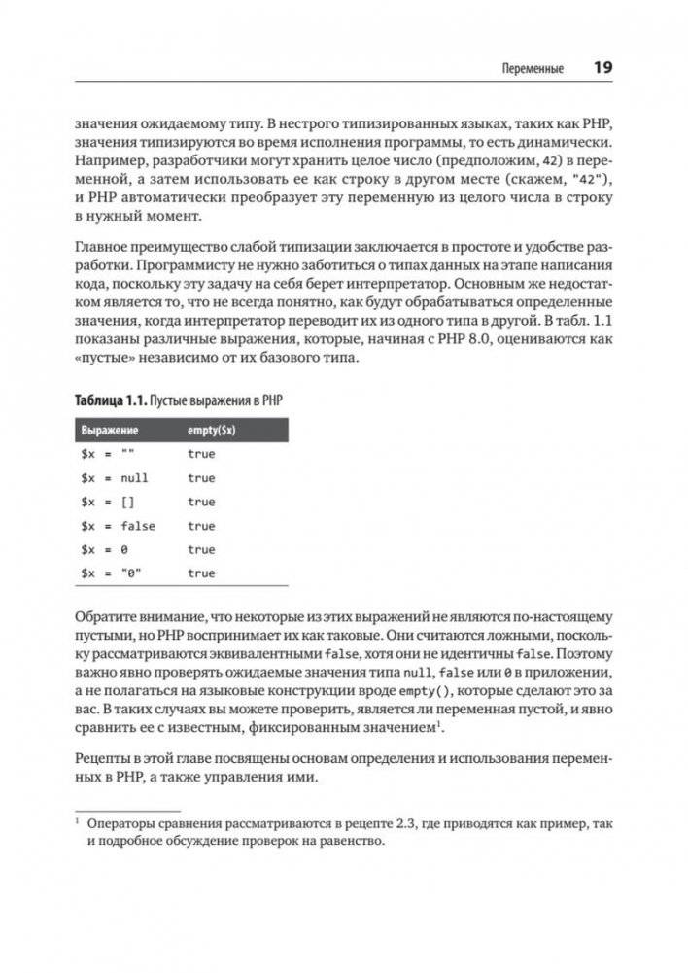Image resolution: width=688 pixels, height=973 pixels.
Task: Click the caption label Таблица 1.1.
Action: [x=115, y=402]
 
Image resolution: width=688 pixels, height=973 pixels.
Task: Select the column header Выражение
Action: [x=109, y=431]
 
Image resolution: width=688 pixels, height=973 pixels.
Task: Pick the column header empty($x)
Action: [x=211, y=431]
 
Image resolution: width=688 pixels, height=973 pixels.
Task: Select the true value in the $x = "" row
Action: [x=201, y=454]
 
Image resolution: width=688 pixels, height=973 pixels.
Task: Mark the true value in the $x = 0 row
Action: [x=201, y=550]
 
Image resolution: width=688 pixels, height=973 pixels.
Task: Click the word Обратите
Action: [x=108, y=619]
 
